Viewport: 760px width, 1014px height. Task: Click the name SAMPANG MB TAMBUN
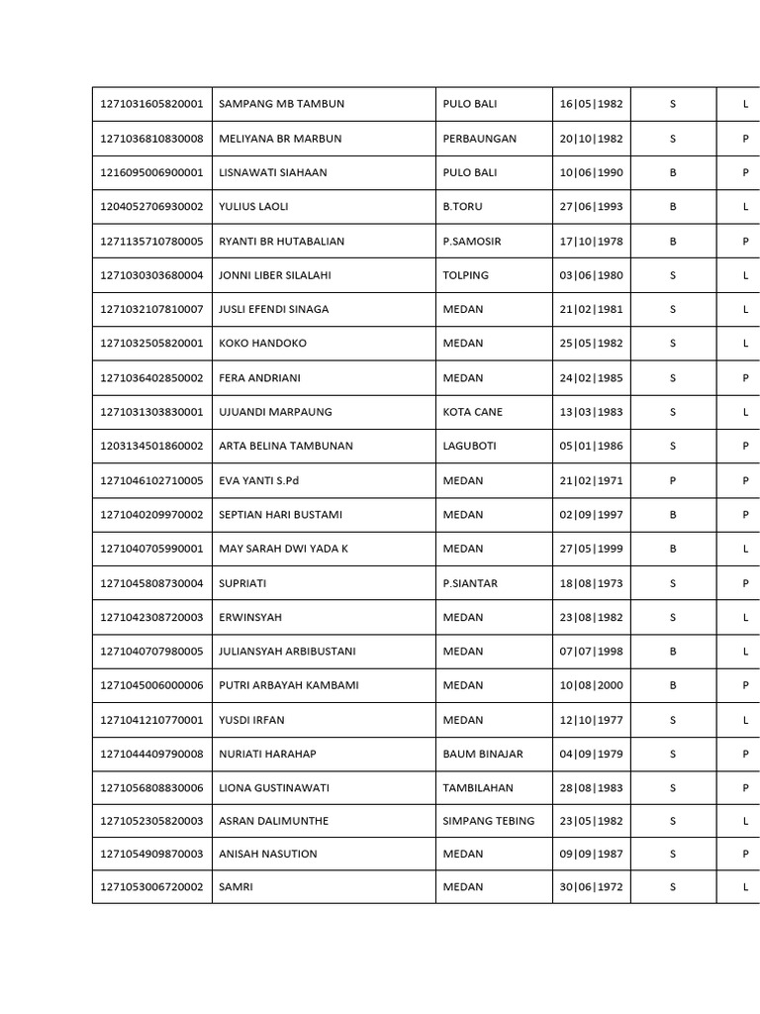click(281, 104)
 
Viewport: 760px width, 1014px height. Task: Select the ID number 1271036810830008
click(151, 139)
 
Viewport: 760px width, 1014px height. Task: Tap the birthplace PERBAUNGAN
click(479, 139)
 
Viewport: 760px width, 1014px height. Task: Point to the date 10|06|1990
click(591, 172)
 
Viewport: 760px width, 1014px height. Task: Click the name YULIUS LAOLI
click(253, 207)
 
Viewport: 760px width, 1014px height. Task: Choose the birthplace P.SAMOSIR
click(473, 241)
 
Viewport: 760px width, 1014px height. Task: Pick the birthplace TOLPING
click(465, 275)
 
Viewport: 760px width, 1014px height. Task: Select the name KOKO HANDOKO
click(262, 344)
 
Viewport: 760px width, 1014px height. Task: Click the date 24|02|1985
click(591, 377)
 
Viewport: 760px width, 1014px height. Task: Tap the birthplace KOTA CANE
click(472, 412)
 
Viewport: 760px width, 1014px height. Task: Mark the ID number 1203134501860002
click(151, 446)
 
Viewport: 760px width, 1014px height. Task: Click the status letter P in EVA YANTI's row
click(673, 480)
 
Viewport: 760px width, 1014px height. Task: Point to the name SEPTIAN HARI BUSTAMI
click(280, 515)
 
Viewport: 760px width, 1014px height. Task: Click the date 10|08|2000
click(591, 685)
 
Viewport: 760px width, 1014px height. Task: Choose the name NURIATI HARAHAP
click(267, 754)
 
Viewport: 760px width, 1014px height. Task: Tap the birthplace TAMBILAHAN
click(479, 788)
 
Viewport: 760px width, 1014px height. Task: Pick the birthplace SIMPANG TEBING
click(488, 821)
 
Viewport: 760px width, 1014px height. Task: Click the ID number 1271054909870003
click(151, 854)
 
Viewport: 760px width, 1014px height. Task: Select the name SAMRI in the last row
click(236, 887)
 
